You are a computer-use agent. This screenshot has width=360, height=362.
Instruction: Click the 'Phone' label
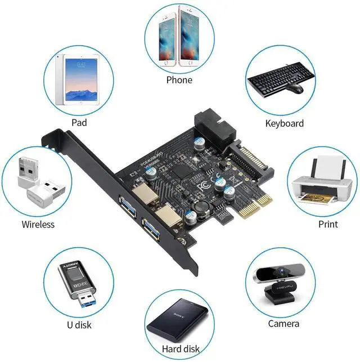[x=179, y=80]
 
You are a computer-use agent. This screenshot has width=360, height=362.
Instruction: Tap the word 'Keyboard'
[x=284, y=123]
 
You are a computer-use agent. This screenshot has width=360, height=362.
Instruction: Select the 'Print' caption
[x=328, y=224]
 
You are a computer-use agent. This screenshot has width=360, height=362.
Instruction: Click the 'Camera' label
[x=283, y=323]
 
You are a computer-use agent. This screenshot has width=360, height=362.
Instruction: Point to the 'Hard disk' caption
[x=180, y=348]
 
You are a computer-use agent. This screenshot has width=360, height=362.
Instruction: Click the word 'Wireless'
[x=38, y=224]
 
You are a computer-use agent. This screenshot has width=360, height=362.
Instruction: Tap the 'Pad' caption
[x=78, y=122]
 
